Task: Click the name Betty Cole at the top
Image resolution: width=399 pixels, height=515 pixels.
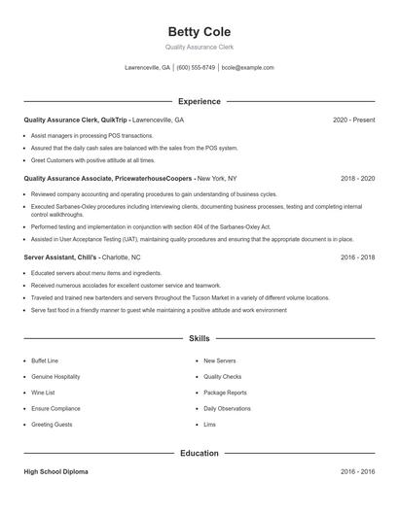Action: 199,32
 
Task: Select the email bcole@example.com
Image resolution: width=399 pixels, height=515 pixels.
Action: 248,68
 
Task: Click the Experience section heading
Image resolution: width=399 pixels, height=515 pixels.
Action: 199,101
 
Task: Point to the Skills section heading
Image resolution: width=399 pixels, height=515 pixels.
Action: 199,338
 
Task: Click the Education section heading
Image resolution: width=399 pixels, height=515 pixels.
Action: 199,453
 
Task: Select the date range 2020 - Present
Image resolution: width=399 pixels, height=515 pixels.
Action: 353,120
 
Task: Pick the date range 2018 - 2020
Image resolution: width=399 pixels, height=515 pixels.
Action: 357,179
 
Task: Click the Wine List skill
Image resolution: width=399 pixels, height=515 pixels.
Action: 44,393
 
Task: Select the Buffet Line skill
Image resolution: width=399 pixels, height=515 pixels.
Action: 45,360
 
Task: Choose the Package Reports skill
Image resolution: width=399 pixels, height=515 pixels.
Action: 225,393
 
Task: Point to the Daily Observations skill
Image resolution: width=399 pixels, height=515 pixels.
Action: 228,408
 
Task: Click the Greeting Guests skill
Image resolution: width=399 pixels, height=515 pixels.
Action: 52,425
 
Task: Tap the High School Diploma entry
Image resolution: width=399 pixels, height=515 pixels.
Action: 55,471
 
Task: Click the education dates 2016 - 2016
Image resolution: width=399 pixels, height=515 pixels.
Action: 357,471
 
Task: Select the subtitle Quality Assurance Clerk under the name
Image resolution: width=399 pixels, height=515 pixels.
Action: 199,47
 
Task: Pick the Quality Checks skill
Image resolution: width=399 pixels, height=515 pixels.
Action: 223,376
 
